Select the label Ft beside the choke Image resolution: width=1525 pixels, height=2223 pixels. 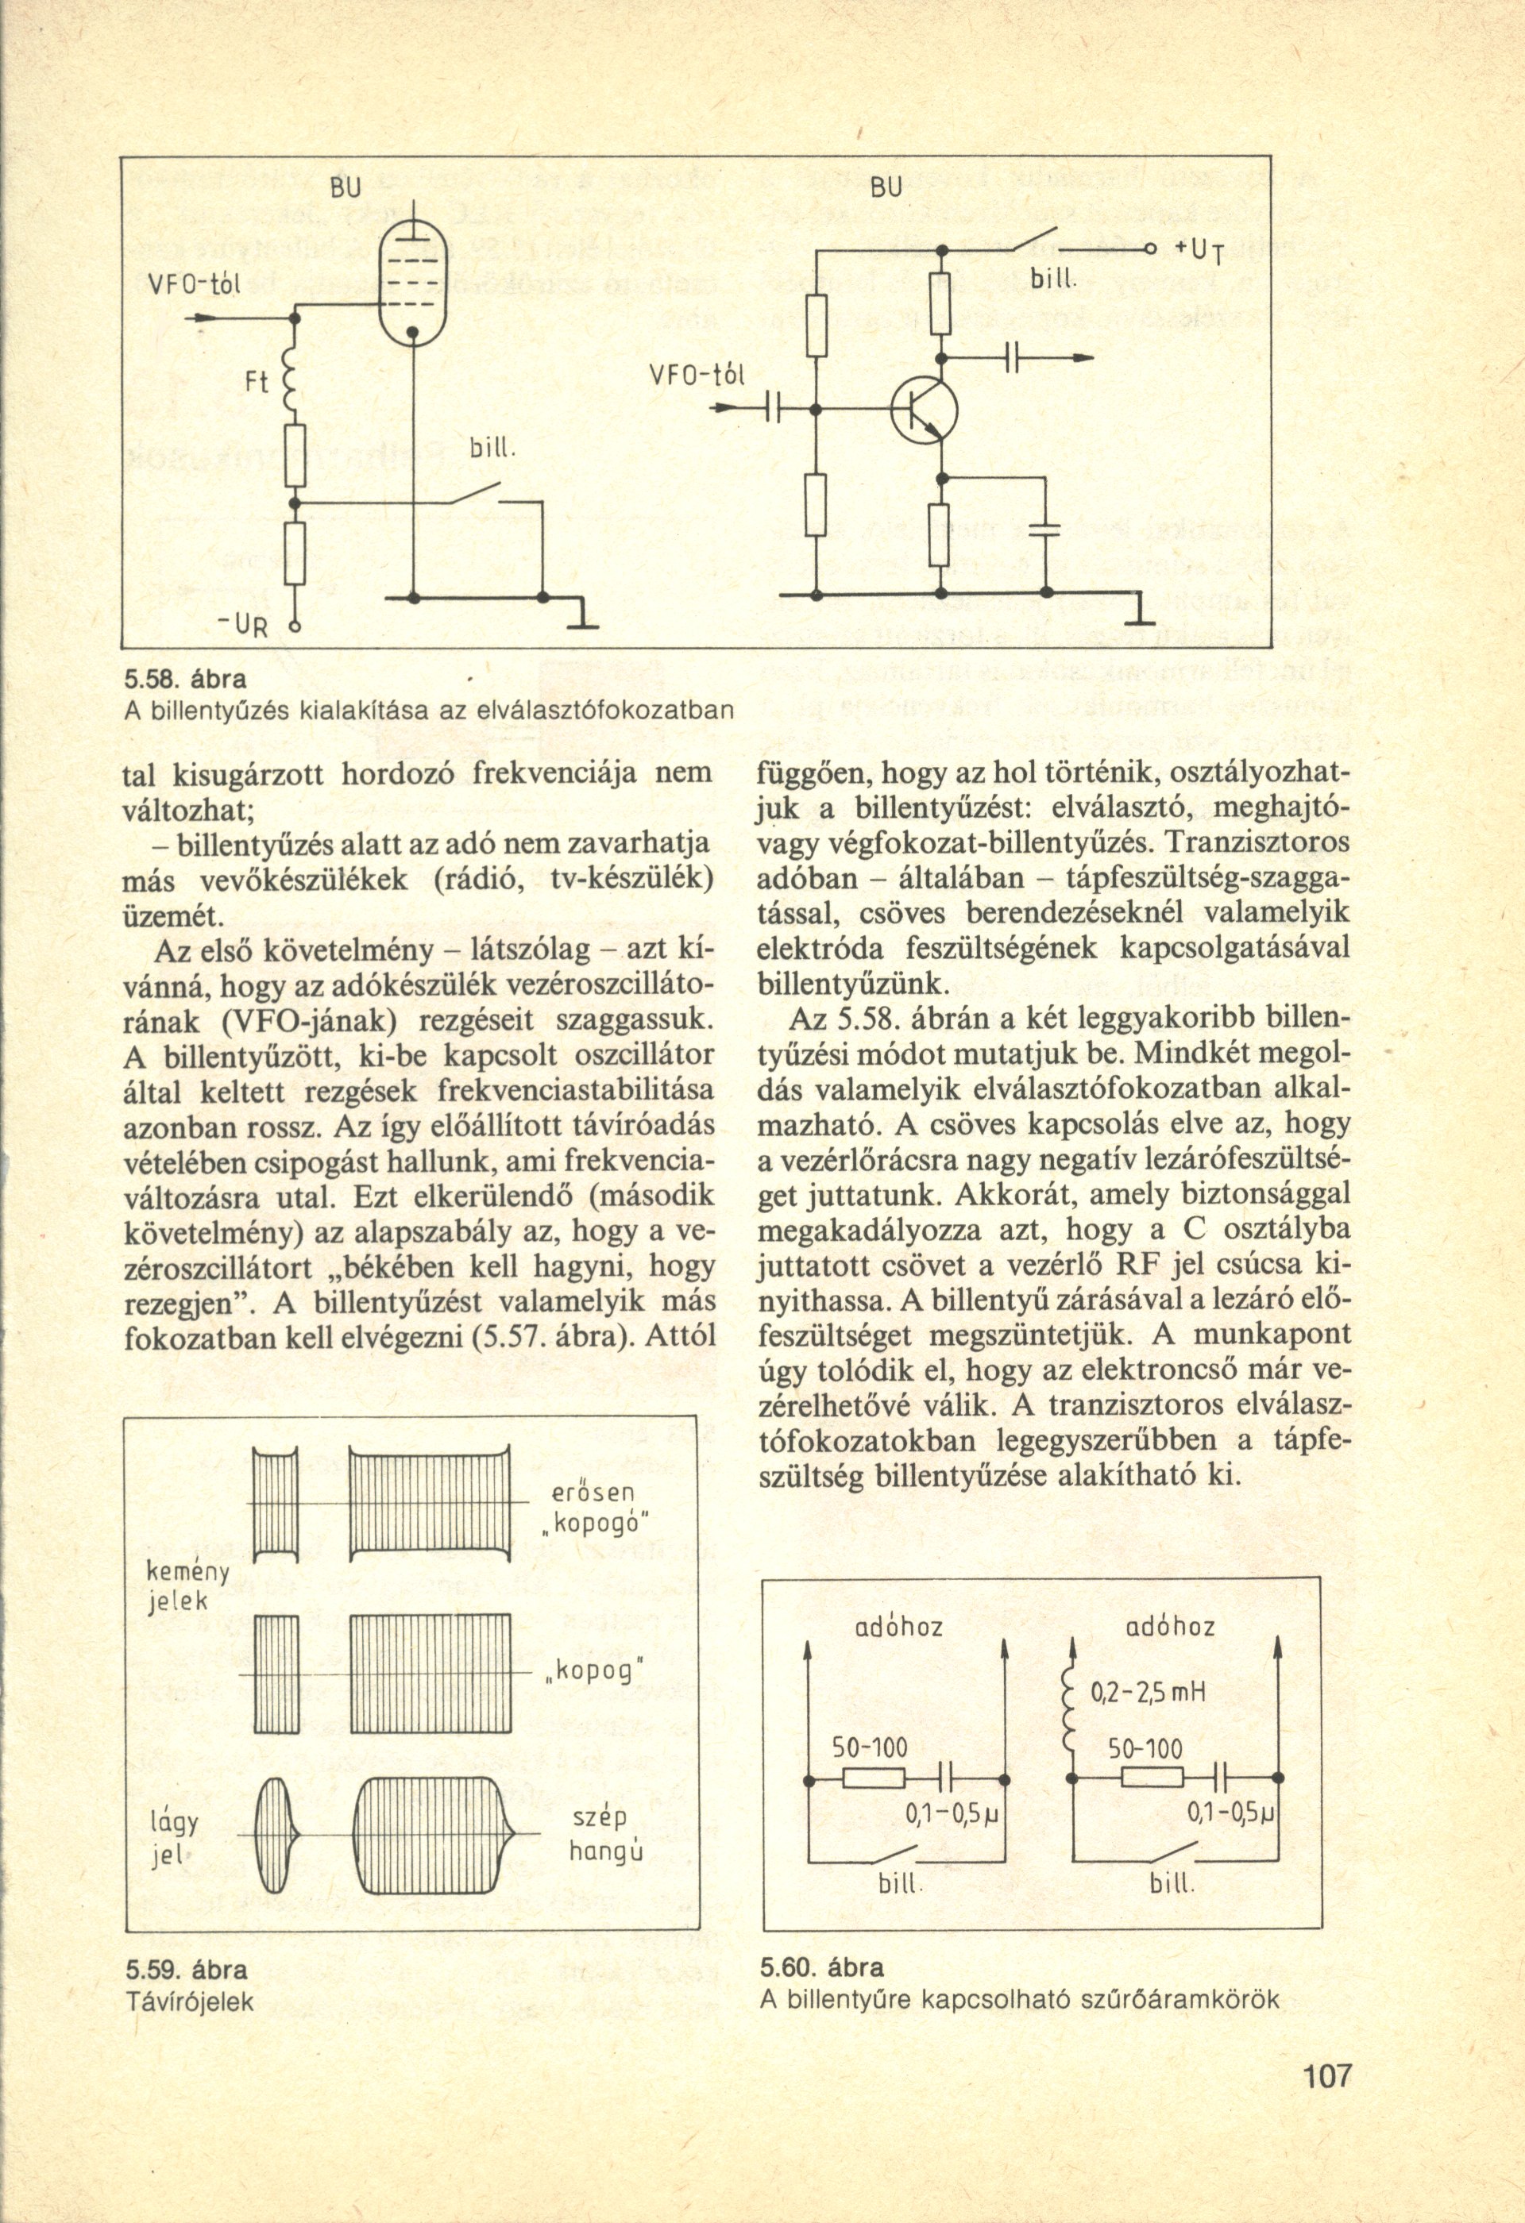(x=257, y=383)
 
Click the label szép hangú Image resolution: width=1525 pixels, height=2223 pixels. (x=605, y=1837)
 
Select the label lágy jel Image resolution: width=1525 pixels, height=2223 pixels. (x=173, y=1840)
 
